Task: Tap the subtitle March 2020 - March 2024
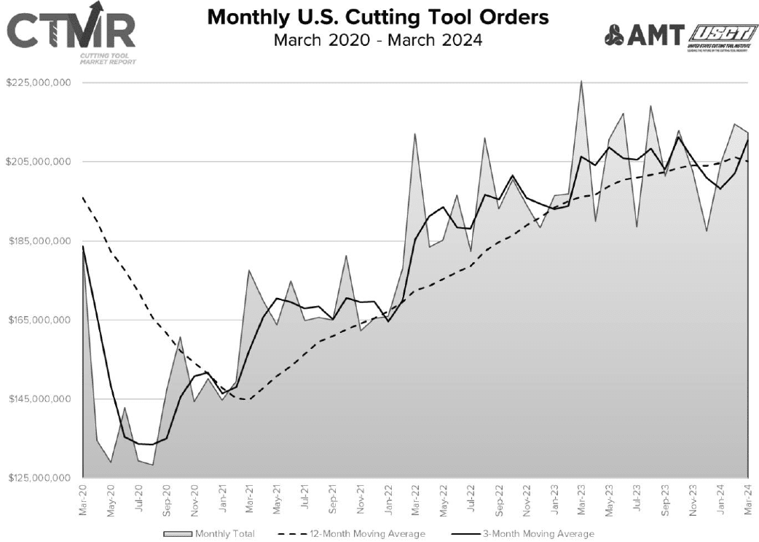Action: pyautogui.click(x=378, y=39)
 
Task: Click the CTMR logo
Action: pyautogui.click(x=71, y=34)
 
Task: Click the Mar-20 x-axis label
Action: pyautogui.click(x=84, y=500)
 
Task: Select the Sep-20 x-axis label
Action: pyautogui.click(x=167, y=500)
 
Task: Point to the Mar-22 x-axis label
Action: pyautogui.click(x=415, y=500)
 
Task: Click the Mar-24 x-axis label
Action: pyautogui.click(x=748, y=500)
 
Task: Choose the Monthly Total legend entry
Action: pyautogui.click(x=211, y=534)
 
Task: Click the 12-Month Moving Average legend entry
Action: pyautogui.click(x=352, y=534)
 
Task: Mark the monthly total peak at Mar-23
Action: pyautogui.click(x=581, y=81)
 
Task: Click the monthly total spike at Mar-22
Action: pyautogui.click(x=414, y=134)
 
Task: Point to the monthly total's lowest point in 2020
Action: pyautogui.click(x=152, y=465)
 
